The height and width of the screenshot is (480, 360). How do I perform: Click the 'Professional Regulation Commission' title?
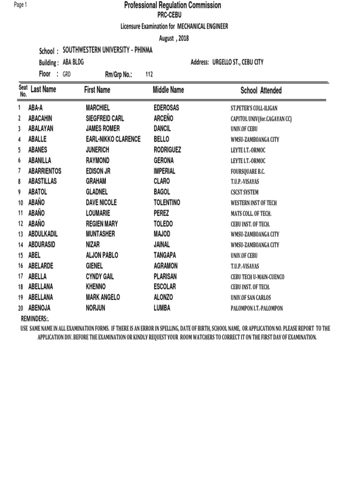click(172, 6)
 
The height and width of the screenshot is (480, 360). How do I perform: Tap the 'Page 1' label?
click(21, 5)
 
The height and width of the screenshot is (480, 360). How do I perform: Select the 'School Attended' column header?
click(261, 90)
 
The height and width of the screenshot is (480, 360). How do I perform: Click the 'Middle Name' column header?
click(168, 90)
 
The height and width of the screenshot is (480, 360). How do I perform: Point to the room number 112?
click(150, 74)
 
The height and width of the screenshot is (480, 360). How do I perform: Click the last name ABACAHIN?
click(44, 119)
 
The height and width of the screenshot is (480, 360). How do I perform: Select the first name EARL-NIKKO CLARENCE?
click(113, 139)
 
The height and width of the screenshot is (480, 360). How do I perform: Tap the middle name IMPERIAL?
click(164, 171)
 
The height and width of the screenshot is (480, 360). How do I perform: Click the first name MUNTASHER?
click(100, 234)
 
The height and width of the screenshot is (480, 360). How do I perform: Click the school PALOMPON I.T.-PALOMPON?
click(257, 308)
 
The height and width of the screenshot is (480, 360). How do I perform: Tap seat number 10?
click(21, 203)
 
